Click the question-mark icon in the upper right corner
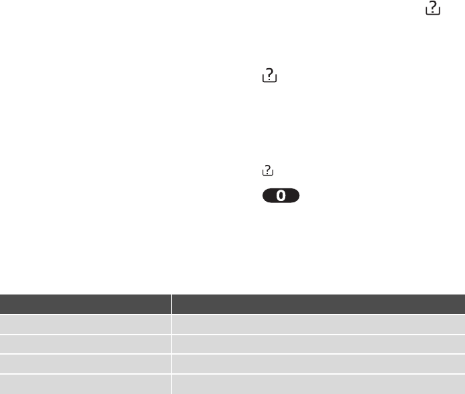(x=433, y=8)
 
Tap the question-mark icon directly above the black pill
(x=268, y=170)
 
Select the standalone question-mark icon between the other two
(x=269, y=75)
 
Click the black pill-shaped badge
(x=281, y=196)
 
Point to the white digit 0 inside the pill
(x=281, y=196)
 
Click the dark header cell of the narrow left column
(x=86, y=304)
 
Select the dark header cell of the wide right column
(x=318, y=304)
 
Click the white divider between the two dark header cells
(x=171, y=304)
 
